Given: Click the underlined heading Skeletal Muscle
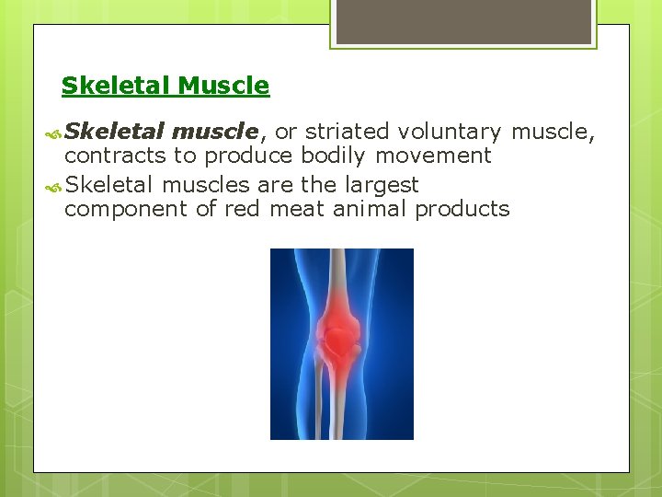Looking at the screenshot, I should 165,87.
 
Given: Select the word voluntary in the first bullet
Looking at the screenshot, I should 450,133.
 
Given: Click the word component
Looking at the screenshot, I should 127,209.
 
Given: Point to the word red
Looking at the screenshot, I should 242,209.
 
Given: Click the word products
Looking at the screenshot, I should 462,209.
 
